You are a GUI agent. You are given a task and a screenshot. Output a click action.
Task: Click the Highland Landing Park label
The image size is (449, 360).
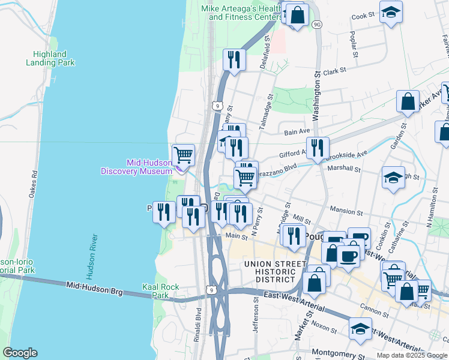50,58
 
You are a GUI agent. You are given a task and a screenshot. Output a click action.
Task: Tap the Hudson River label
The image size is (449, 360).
92,257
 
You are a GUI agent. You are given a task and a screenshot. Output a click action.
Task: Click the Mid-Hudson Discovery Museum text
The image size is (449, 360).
136,167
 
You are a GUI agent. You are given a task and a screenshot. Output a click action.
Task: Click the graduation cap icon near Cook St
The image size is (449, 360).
391,13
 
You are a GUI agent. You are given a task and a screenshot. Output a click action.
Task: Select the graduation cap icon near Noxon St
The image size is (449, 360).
360,329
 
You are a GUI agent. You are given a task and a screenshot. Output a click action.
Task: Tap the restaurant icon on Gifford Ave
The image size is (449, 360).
318,148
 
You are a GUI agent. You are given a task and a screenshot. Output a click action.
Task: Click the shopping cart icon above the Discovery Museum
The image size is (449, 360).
184,155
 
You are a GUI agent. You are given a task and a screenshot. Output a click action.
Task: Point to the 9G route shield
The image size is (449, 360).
317,24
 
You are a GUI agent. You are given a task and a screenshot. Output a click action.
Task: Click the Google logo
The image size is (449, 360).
20,353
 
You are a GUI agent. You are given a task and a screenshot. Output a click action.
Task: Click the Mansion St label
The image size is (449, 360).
347,212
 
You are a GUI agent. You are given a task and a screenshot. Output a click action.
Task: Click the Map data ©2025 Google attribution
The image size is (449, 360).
412,355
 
